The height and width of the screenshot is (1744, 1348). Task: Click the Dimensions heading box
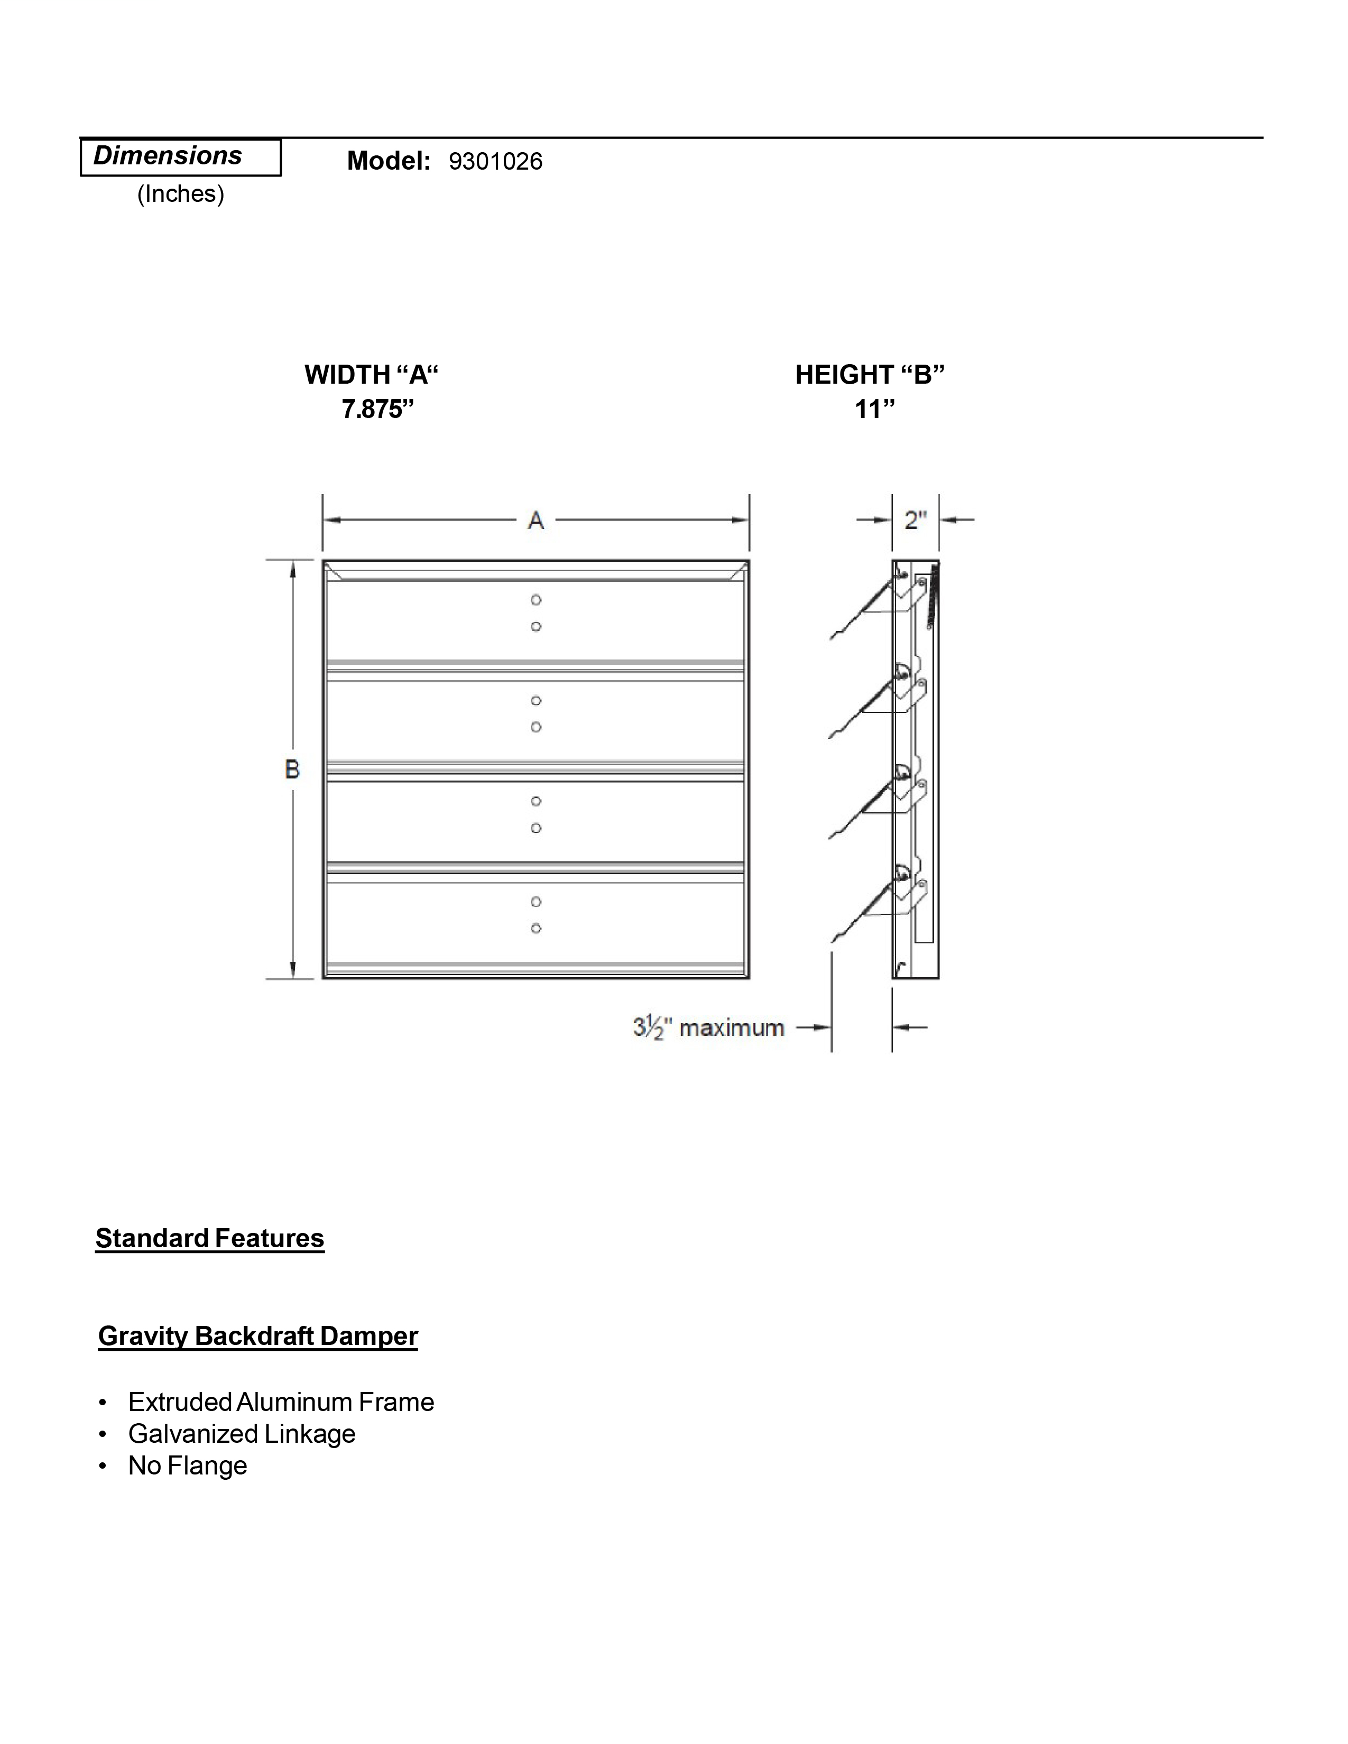[180, 156]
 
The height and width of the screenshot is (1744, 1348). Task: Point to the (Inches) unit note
[180, 194]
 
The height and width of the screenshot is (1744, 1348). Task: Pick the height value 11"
[874, 410]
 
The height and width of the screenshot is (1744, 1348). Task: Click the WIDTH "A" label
[371, 375]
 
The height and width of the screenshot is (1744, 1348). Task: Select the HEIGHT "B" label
[870, 375]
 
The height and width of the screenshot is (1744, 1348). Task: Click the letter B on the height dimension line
[292, 769]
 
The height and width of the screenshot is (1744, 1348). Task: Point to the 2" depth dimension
[915, 521]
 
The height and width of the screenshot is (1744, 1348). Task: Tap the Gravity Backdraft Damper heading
[258, 1336]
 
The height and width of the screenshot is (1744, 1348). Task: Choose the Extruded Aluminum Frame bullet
[281, 1402]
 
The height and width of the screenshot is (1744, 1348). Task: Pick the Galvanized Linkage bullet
[241, 1434]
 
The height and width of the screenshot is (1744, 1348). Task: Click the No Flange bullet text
[188, 1466]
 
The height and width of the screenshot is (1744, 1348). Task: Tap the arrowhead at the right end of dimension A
[742, 521]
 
